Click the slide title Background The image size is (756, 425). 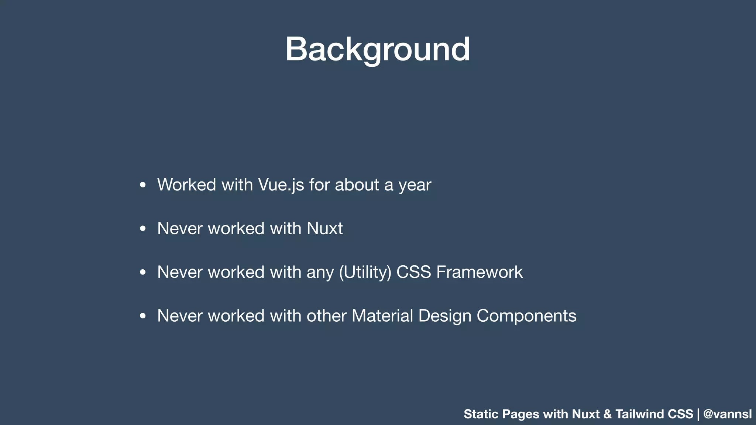378,49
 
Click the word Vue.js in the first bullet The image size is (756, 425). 281,185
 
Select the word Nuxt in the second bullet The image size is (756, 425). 324,228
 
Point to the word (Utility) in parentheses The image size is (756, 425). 365,272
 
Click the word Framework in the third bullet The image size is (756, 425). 479,272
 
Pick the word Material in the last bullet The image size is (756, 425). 382,316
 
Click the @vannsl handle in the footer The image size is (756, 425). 727,414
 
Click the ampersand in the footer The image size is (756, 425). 607,414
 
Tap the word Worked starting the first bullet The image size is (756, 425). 186,185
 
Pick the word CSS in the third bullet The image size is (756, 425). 413,272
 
